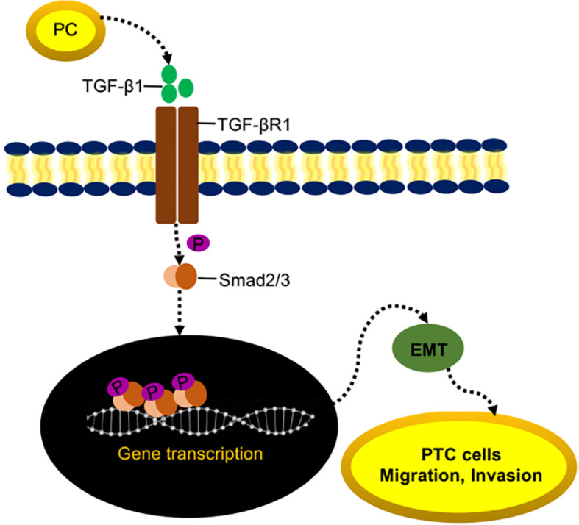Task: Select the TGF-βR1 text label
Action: click(x=243, y=124)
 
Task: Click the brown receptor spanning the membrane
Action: click(x=177, y=165)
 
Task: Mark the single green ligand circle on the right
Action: click(x=185, y=87)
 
